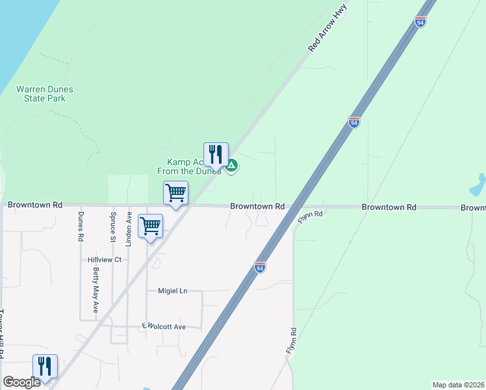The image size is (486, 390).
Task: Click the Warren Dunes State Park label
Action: click(x=45, y=94)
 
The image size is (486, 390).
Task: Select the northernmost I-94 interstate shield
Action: click(x=421, y=21)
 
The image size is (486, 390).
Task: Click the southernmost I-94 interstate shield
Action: click(x=259, y=267)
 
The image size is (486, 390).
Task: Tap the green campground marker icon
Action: click(x=231, y=166)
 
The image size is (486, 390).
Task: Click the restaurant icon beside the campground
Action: click(x=216, y=155)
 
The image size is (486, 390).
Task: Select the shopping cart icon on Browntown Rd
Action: click(x=175, y=193)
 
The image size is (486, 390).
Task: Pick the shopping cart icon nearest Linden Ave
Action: click(x=150, y=226)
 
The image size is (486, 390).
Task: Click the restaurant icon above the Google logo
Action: click(x=45, y=367)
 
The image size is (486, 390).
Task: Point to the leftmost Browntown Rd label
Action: click(x=35, y=204)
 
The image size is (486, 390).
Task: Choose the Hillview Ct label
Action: click(x=105, y=259)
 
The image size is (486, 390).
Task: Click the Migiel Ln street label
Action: click(x=172, y=291)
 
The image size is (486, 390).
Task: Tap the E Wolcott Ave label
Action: click(x=164, y=326)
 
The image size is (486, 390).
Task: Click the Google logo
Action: click(x=21, y=383)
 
